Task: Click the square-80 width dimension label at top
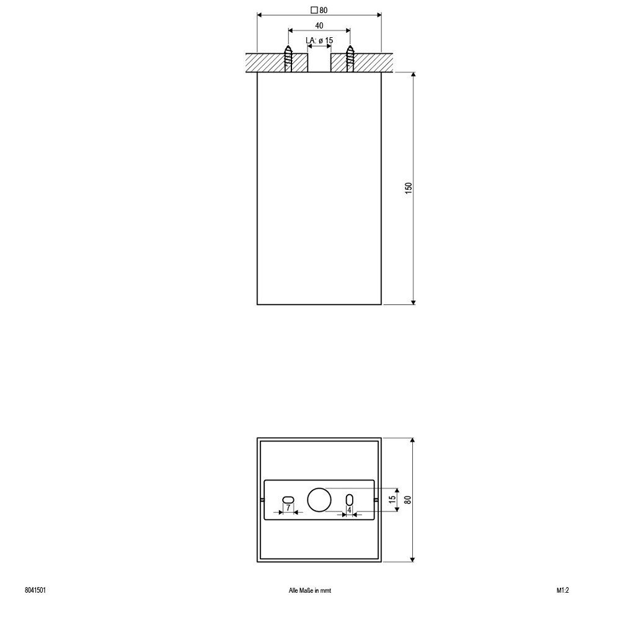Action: pyautogui.click(x=319, y=11)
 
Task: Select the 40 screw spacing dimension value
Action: pyautogui.click(x=319, y=25)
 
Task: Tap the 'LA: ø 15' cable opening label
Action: pyautogui.click(x=319, y=40)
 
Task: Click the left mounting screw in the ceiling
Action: pyautogui.click(x=288, y=59)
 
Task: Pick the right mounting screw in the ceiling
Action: pyautogui.click(x=350, y=59)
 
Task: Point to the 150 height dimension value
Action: pyautogui.click(x=409, y=187)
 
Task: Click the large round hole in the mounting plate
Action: pyautogui.click(x=319, y=500)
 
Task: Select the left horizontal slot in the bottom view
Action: pyautogui.click(x=288, y=499)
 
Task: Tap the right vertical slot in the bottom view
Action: pyautogui.click(x=350, y=500)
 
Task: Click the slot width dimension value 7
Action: pyautogui.click(x=288, y=507)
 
